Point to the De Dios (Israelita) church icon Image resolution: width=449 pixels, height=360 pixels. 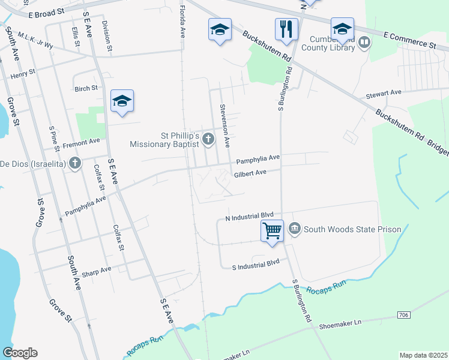point(74,163)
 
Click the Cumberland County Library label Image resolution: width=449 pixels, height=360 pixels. point(334,44)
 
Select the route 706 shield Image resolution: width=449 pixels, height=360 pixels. point(404,315)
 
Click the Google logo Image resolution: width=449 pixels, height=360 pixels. point(20,353)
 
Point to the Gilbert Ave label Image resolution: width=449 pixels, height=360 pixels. point(250,172)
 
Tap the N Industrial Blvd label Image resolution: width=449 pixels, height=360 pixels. point(249,215)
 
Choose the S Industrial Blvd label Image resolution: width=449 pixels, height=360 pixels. point(256,263)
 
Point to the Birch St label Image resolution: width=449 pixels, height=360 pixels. point(86,88)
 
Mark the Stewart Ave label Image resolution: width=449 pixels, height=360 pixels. point(384,94)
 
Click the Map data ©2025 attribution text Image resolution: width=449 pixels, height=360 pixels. point(423,355)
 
